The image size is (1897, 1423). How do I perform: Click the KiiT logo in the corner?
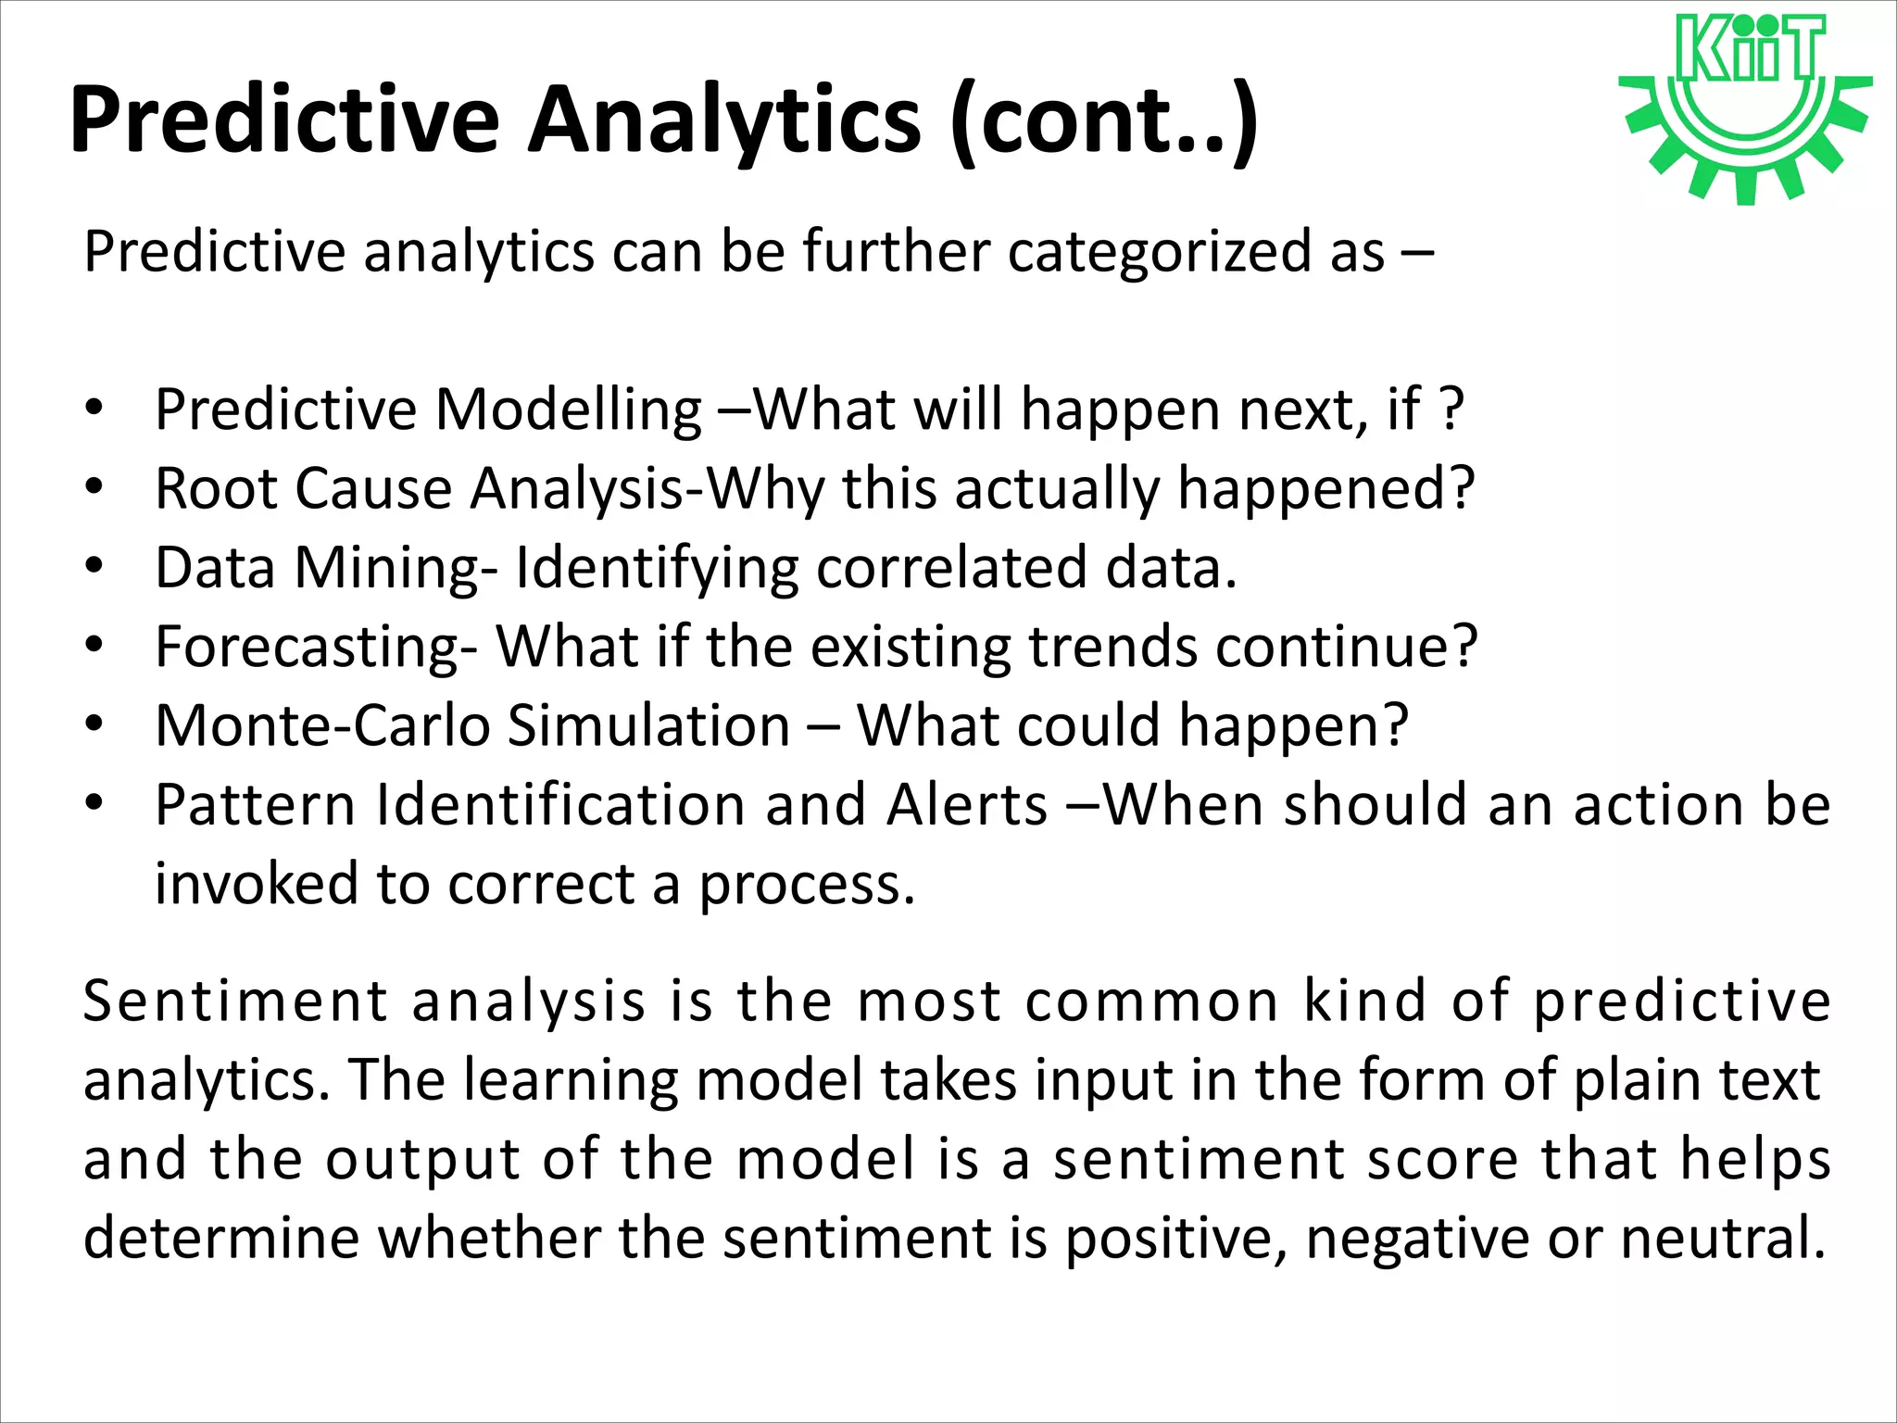[1745, 107]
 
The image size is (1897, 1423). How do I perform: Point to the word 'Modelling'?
[568, 409]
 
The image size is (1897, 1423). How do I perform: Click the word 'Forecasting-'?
[316, 647]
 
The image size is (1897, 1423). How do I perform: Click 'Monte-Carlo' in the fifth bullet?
[322, 724]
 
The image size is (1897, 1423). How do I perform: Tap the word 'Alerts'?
[966, 804]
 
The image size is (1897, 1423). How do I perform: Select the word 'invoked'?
[256, 883]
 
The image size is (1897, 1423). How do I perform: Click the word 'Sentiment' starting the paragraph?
[235, 1001]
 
